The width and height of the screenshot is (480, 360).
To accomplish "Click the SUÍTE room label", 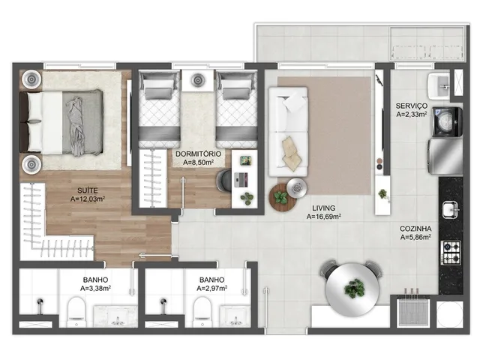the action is pos(88,190).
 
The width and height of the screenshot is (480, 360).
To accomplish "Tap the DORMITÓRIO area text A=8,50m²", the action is pos(198,162).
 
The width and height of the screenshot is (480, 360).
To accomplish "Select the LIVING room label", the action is pos(323,208).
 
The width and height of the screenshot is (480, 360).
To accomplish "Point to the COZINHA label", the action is pos(415,229).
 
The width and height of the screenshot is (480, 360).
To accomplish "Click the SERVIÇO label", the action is pos(412,106).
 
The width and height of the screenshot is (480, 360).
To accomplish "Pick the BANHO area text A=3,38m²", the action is pos(95,288).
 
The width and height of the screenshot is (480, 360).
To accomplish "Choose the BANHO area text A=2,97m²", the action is pos(211,288).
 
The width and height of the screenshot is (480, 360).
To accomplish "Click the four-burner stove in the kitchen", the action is pos(451,253).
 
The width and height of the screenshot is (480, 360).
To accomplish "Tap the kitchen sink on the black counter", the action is pos(451,210).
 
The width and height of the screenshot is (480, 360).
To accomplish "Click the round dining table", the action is pos(352,289).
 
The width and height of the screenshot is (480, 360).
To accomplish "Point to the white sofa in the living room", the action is pos(288,132).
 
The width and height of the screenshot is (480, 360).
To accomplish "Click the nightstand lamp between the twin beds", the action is pos(197,80).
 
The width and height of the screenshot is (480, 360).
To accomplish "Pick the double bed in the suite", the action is pos(61,122).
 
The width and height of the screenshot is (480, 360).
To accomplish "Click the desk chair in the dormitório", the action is pos(224,181).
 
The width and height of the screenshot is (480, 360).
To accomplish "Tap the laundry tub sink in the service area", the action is pos(439,86).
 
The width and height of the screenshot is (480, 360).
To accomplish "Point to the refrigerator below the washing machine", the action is pos(445,156).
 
